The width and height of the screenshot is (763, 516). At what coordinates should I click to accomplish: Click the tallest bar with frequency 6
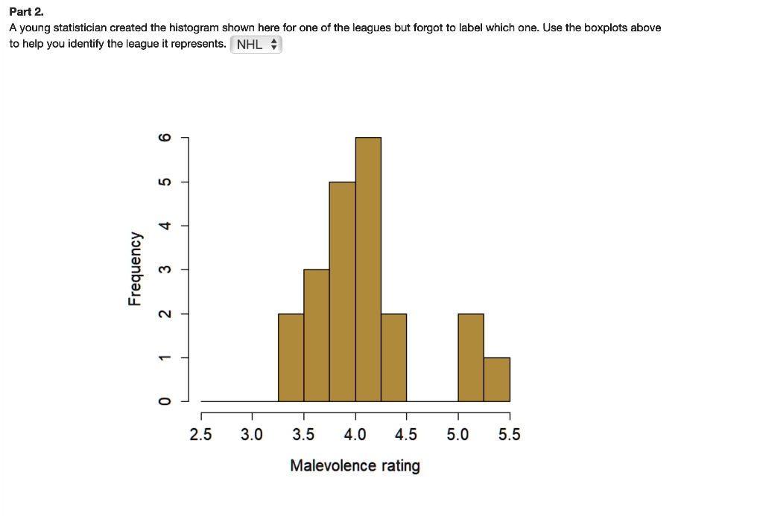point(368,270)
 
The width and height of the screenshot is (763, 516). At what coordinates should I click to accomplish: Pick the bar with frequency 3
point(316,335)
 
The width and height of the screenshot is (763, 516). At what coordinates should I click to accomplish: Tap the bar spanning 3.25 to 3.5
point(291,357)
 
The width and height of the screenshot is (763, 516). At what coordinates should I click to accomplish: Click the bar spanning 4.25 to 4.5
point(393,357)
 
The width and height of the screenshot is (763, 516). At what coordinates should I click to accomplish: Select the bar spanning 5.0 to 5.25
point(471,357)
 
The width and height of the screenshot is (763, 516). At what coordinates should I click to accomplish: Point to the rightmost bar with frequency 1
point(497,380)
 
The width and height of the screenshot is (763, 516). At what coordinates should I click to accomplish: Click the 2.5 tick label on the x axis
point(200,435)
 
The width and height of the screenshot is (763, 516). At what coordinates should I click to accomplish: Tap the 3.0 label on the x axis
point(252,435)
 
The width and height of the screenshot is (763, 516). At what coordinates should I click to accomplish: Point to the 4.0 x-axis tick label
point(355,435)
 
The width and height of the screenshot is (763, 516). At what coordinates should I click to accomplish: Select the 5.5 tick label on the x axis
point(510,435)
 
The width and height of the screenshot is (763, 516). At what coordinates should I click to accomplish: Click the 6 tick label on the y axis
point(165,138)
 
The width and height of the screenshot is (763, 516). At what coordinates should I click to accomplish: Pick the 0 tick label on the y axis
point(165,402)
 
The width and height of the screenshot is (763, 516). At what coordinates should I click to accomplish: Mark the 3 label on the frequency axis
point(165,269)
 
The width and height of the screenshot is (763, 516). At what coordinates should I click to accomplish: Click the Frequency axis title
point(134,270)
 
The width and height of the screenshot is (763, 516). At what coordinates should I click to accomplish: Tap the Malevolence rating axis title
point(355,466)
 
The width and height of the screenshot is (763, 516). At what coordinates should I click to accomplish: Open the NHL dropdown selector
point(256,45)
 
